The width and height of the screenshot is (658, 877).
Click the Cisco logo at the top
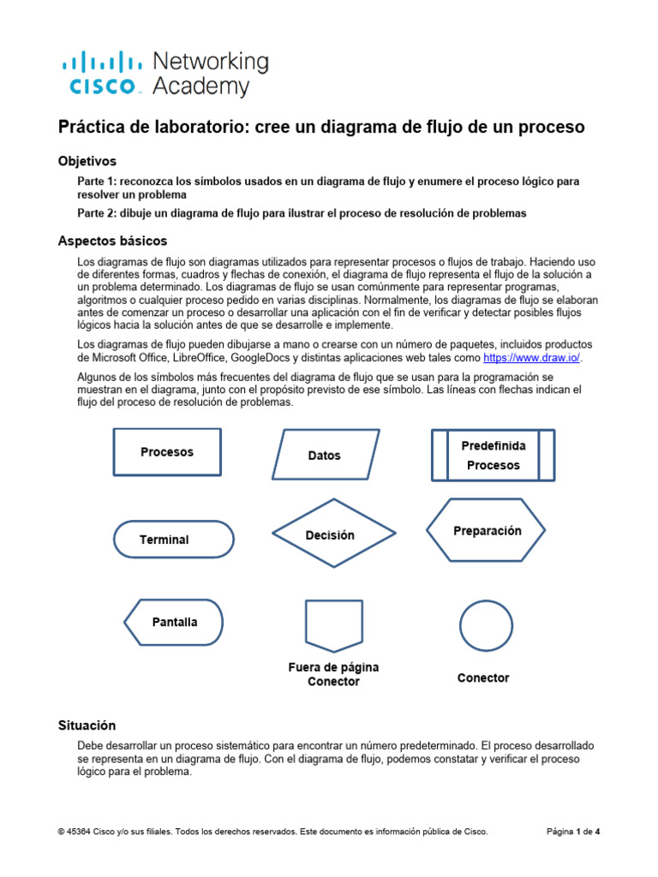101,73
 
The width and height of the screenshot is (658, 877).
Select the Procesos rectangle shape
167,451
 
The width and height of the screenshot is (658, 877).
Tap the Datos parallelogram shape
324,455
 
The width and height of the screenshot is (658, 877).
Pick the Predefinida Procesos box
493,456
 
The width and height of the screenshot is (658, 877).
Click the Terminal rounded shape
173,540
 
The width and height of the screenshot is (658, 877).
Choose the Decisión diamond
334,534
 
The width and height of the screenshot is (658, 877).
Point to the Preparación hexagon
487,531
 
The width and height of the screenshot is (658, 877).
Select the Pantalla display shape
174,622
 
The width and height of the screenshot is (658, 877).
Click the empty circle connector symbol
485,625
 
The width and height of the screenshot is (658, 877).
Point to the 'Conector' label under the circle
483,677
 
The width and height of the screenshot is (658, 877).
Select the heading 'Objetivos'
87,161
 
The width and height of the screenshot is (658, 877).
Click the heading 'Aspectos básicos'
112,241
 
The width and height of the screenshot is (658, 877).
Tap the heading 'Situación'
87,725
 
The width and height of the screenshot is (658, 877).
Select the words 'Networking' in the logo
210,62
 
